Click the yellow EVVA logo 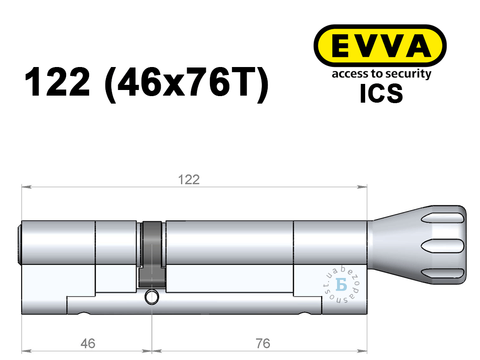[380, 45]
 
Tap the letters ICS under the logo [381, 93]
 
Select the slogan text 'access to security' [382, 74]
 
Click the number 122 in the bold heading [57, 82]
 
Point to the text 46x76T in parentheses [187, 82]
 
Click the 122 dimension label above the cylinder [189, 180]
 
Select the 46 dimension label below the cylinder [88, 344]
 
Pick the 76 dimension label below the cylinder [263, 344]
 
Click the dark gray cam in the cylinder [152, 255]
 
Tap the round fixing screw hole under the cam [152, 297]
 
